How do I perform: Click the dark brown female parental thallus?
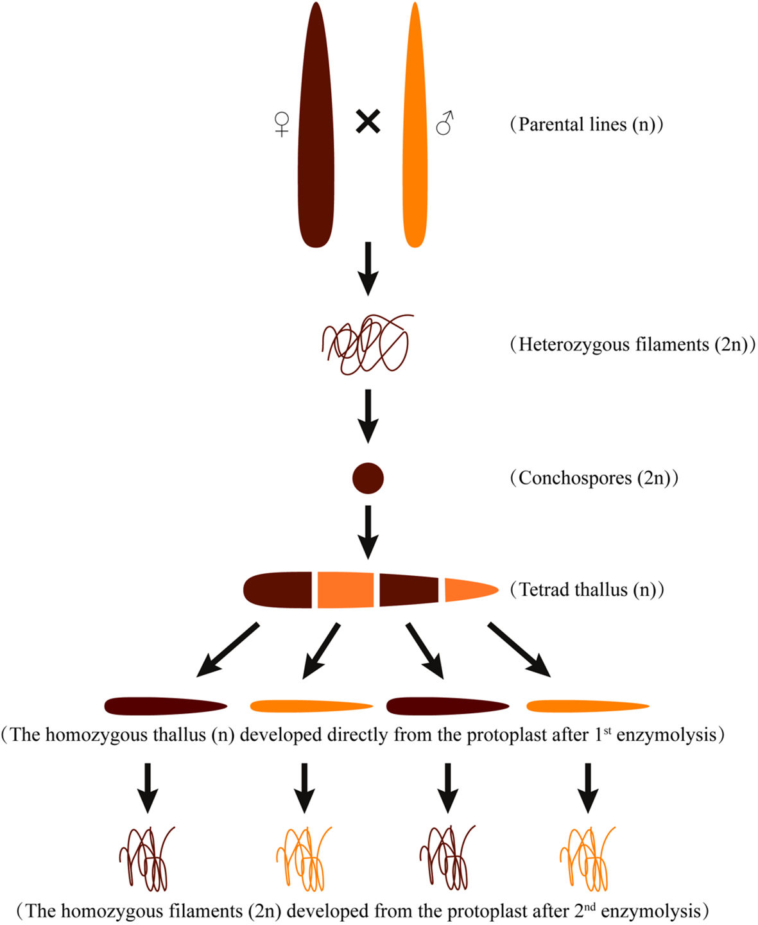tap(316, 128)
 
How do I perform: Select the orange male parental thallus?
tap(415, 128)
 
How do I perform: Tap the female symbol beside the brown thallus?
tap(282, 124)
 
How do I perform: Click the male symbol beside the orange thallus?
tap(445, 123)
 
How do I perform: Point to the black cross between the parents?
tap(368, 121)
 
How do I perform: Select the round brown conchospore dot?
tap(368, 478)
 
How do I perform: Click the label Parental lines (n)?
tap(587, 124)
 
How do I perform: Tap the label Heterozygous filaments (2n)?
tap(633, 345)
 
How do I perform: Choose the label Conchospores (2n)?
tap(594, 478)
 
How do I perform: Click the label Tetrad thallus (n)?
tap(587, 589)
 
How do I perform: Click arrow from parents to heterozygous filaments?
tap(368, 268)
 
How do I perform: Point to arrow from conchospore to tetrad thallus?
tap(368, 532)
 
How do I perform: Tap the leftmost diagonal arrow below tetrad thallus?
tap(228, 650)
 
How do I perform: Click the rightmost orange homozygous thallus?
tap(587, 707)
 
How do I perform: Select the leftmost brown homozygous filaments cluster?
tap(146, 858)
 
